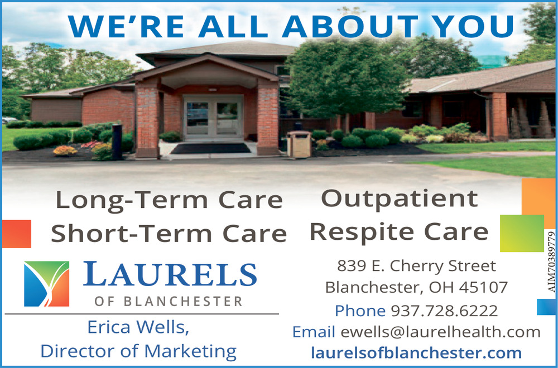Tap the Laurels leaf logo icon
47,284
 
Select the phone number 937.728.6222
444,311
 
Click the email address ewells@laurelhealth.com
441,332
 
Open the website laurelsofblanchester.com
416,353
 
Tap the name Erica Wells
138,327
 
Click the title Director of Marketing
138,351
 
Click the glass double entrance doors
213,117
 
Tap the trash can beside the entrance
299,144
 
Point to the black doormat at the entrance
211,148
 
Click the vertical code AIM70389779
551,262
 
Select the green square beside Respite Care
522,233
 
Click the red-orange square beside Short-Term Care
17,234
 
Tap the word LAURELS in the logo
170,274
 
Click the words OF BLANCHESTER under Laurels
169,302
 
